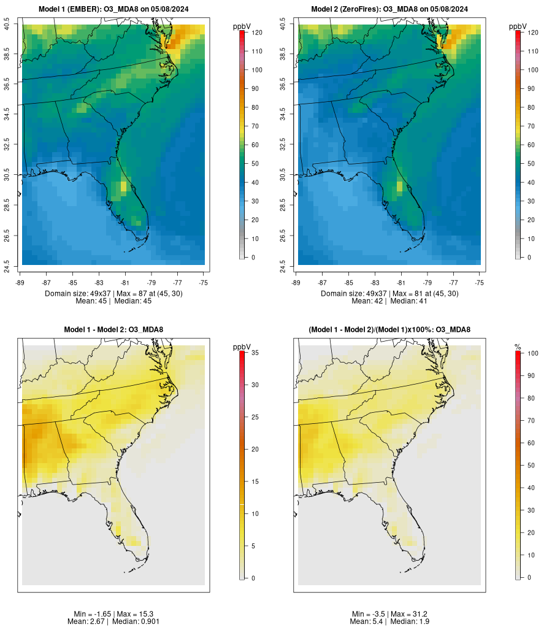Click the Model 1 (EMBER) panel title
(x=113, y=9)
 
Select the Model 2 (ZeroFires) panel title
(x=389, y=9)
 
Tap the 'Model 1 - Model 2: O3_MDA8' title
(x=113, y=330)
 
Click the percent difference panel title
(x=389, y=330)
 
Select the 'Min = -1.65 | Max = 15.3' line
(x=113, y=614)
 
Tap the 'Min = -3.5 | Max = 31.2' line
(x=389, y=614)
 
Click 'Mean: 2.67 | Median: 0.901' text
(x=113, y=621)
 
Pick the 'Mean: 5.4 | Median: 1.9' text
(x=389, y=621)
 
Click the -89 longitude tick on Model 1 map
(x=21, y=283)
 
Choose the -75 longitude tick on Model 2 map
(x=480, y=283)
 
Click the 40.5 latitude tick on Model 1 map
(x=7, y=25)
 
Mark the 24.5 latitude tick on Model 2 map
(x=283, y=265)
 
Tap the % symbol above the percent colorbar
(x=518, y=347)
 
